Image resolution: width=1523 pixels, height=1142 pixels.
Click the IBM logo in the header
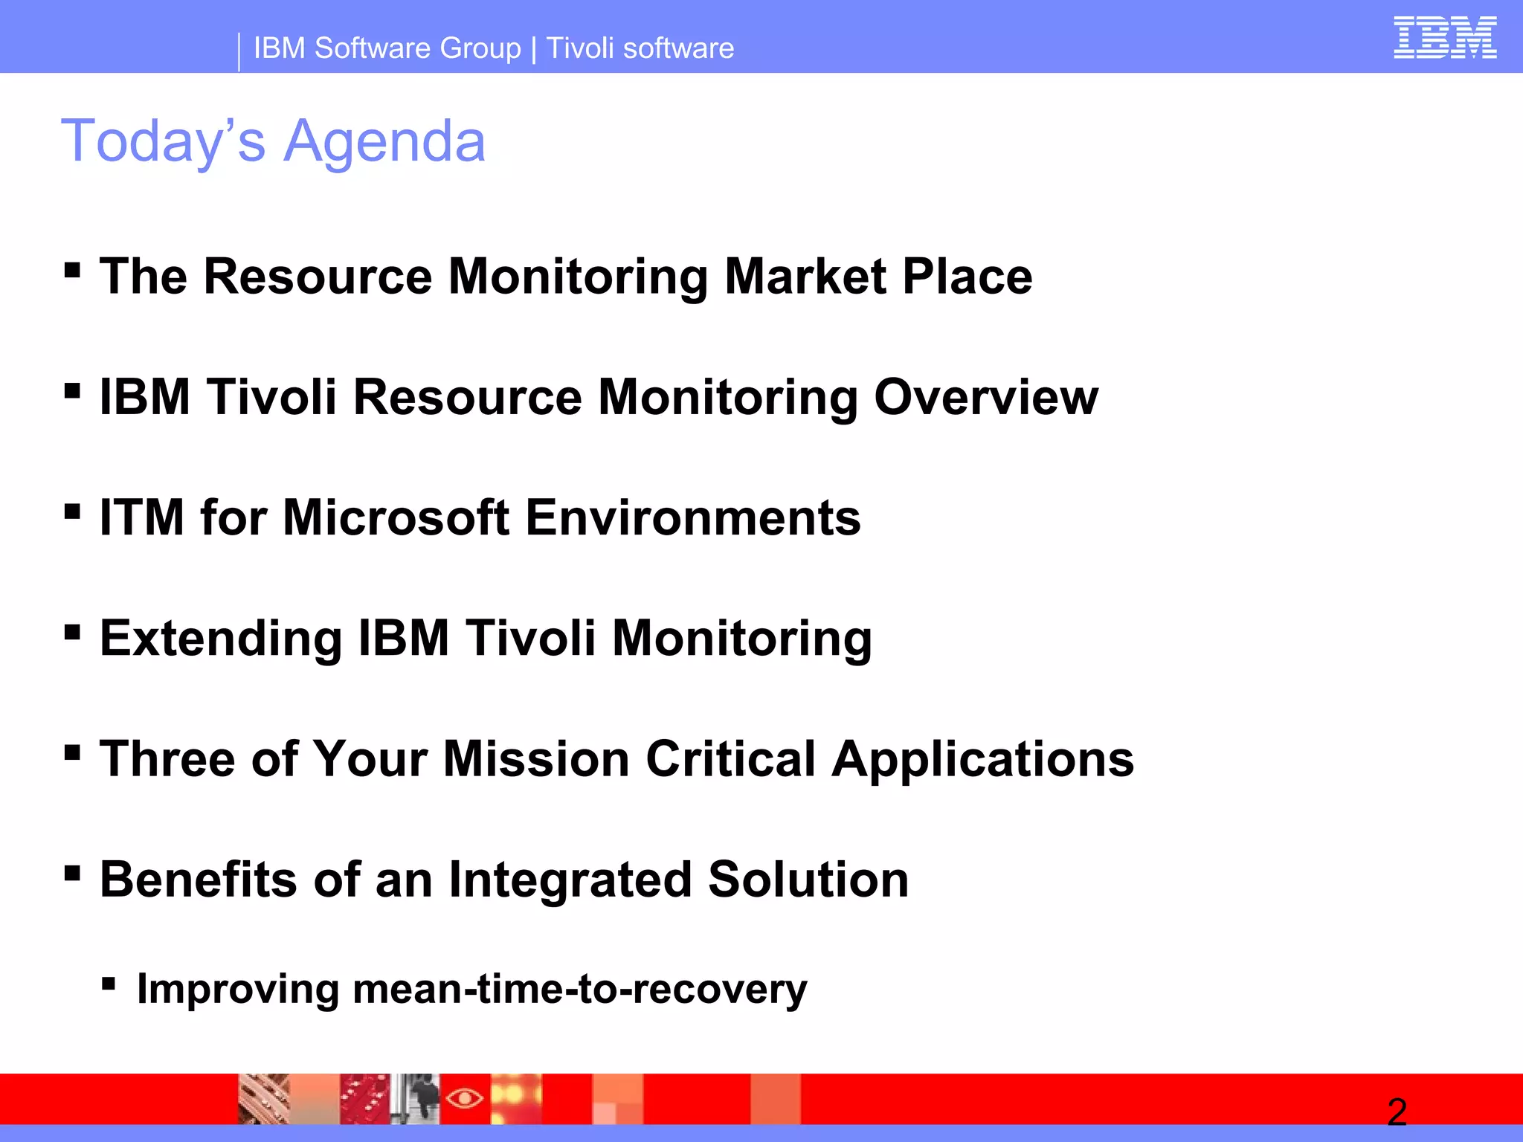(x=1444, y=38)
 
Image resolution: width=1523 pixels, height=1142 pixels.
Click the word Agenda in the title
(x=384, y=141)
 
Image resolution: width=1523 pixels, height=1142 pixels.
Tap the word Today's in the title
(x=163, y=141)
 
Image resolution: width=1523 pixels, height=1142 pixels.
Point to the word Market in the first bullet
(x=805, y=277)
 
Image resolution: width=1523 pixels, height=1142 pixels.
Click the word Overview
(x=985, y=397)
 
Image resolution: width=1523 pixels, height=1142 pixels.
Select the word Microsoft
(x=396, y=517)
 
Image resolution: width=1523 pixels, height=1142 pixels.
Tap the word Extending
(x=221, y=639)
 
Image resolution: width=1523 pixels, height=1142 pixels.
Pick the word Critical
(x=731, y=759)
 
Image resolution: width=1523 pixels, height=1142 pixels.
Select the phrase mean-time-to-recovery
(x=579, y=990)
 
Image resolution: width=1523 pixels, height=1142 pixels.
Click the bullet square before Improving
(x=109, y=985)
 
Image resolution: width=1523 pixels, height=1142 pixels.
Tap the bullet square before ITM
(x=72, y=512)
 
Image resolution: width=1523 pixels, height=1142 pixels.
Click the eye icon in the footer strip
(x=465, y=1097)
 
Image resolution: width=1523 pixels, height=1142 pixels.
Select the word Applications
(x=982, y=759)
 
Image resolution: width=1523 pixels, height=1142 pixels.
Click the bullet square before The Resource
(x=72, y=270)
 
